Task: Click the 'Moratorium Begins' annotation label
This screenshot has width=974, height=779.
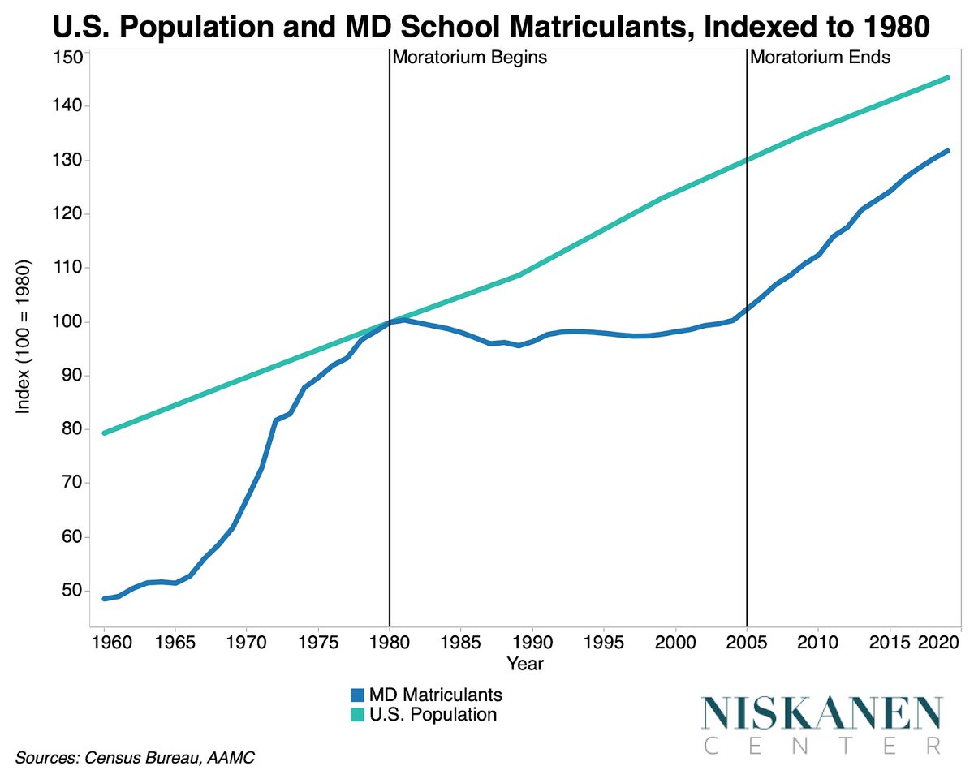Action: click(x=469, y=58)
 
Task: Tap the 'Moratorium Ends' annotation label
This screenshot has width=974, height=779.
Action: click(x=820, y=58)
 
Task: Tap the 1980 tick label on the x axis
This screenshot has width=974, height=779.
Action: click(x=390, y=643)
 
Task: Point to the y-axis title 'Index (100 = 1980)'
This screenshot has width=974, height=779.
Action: click(x=24, y=338)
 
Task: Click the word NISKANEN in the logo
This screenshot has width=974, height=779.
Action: click(x=822, y=713)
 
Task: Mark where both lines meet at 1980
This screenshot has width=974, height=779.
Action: click(x=390, y=322)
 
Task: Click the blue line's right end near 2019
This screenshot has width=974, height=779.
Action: click(x=946, y=151)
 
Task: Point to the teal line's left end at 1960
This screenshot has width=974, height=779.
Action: click(x=105, y=433)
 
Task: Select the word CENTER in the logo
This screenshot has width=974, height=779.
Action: click(x=822, y=745)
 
